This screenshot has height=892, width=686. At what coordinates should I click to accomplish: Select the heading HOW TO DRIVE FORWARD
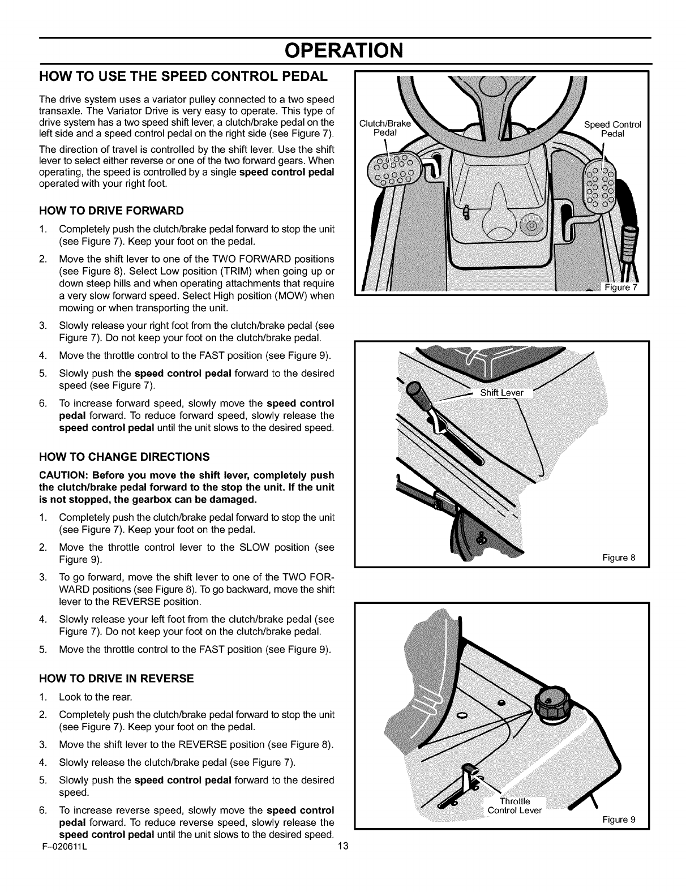[111, 211]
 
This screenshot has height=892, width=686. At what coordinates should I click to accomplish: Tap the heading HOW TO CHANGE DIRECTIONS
[124, 456]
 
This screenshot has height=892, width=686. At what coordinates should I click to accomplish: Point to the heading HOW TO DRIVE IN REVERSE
[116, 678]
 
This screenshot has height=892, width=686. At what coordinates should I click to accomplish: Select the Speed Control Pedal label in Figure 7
[612, 129]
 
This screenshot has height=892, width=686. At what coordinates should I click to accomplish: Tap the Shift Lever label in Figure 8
[501, 393]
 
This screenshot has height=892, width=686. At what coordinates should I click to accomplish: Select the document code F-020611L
[62, 846]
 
